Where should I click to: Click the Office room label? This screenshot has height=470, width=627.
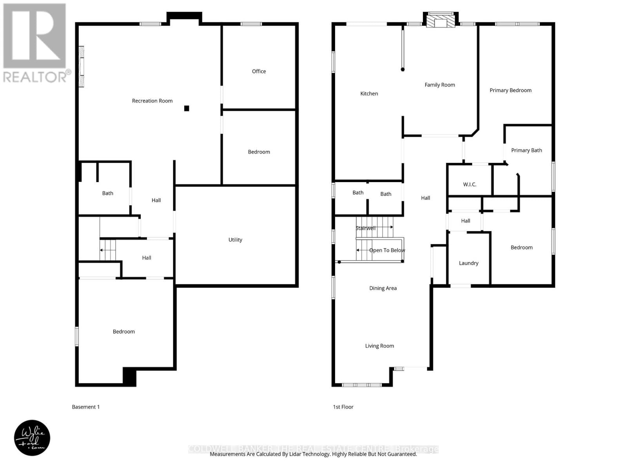pyautogui.click(x=259, y=71)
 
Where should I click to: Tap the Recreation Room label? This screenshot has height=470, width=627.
pyautogui.click(x=152, y=101)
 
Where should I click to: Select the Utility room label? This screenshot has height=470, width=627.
pyautogui.click(x=235, y=240)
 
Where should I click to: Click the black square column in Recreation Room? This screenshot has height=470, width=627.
pyautogui.click(x=187, y=108)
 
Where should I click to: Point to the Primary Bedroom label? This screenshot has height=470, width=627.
pyautogui.click(x=510, y=90)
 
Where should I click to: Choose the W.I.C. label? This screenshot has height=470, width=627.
pyautogui.click(x=469, y=184)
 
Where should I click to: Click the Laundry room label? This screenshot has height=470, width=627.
pyautogui.click(x=468, y=263)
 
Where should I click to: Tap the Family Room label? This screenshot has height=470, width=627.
pyautogui.click(x=440, y=85)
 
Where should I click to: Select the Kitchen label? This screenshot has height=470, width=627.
pyautogui.click(x=369, y=94)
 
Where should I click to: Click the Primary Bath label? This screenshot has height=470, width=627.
pyautogui.click(x=526, y=150)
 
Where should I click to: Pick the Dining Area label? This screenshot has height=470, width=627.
pyautogui.click(x=382, y=288)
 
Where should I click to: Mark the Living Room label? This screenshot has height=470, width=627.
pyautogui.click(x=379, y=346)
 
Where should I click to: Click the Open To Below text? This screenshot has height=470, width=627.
pyautogui.click(x=387, y=250)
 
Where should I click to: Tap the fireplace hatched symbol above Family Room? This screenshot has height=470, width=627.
pyautogui.click(x=441, y=21)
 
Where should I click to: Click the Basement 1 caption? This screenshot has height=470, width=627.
pyautogui.click(x=85, y=407)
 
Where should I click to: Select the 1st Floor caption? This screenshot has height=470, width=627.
pyautogui.click(x=343, y=407)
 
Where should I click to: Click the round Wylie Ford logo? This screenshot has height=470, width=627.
pyautogui.click(x=32, y=438)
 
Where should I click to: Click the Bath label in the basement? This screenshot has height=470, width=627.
pyautogui.click(x=107, y=193)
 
